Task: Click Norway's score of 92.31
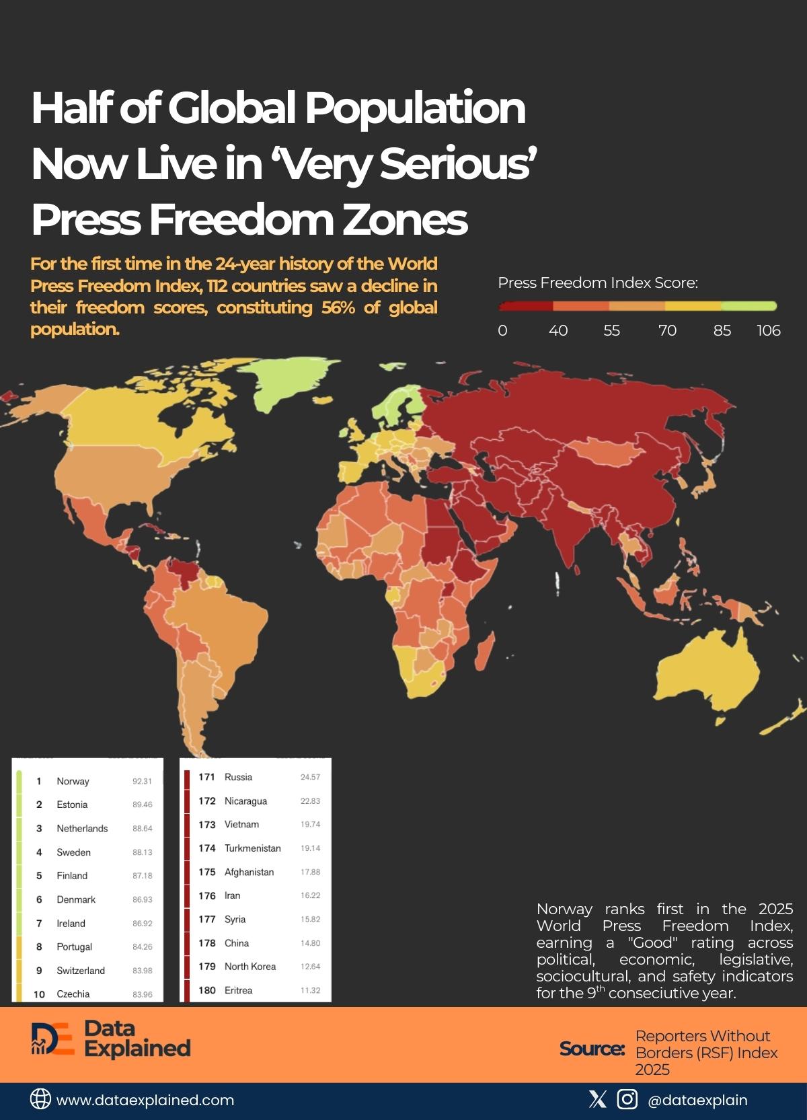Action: (142, 781)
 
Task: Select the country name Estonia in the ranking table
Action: (72, 805)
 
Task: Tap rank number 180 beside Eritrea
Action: (206, 990)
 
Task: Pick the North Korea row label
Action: (250, 967)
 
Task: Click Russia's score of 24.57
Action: (310, 777)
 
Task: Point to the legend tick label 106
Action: (768, 330)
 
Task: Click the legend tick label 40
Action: (558, 330)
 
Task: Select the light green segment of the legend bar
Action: (748, 306)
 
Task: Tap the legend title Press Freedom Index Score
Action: (598, 283)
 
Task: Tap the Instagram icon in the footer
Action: (627, 1099)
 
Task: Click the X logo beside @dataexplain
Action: (597, 1099)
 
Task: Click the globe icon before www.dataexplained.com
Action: (40, 1099)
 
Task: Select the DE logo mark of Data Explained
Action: (52, 1040)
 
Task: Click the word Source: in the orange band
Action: (592, 1049)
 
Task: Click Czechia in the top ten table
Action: (73, 994)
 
